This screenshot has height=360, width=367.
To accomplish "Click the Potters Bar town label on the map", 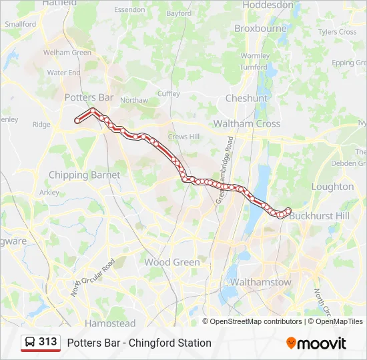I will point(89,97).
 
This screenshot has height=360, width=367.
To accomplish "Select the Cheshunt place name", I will point(246,98).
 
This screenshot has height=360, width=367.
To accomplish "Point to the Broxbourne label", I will point(260,29).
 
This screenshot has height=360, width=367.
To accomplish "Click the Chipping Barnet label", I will point(84,175).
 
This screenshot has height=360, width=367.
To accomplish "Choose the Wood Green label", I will point(172,262).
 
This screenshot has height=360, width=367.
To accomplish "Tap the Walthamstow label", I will point(260,282).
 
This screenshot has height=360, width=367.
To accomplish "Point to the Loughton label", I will point(332,187).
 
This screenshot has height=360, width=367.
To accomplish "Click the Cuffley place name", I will point(169,94).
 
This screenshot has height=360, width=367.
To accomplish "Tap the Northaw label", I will point(134,100).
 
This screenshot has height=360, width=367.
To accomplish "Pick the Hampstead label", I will point(110,323).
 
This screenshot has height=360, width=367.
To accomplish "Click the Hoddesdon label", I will point(268,5).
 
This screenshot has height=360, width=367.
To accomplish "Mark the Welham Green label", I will point(67,53).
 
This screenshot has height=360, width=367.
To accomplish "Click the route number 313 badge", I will point(47,342).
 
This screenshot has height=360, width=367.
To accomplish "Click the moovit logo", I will point(316,343).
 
